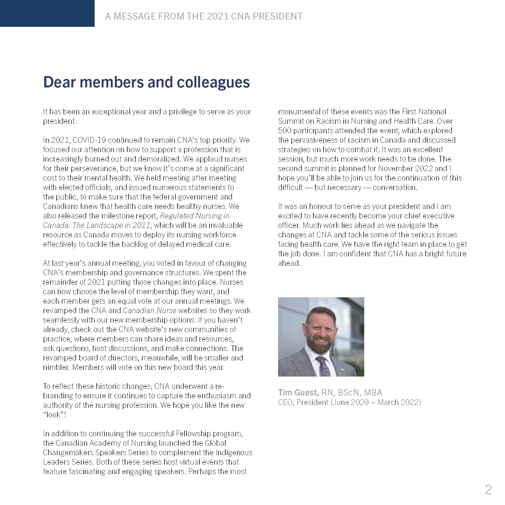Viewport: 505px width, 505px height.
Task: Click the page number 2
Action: [488, 490]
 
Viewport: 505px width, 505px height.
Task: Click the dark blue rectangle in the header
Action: [47, 13]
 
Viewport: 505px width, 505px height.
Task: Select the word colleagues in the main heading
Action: [213, 82]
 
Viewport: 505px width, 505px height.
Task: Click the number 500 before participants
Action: [285, 131]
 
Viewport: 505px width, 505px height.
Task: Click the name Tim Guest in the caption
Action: [298, 393]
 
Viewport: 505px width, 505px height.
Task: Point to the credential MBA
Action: [373, 393]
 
